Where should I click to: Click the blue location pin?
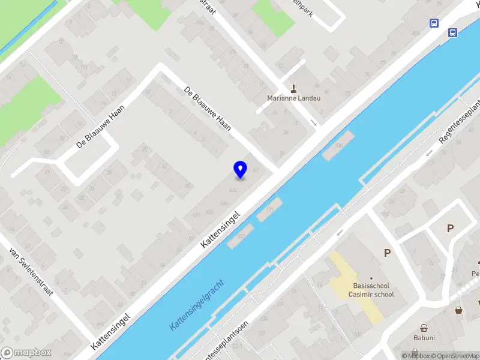(240, 169)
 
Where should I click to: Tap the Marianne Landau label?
(293, 98)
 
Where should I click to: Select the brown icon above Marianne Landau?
(294, 88)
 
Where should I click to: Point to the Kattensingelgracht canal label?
(197, 304)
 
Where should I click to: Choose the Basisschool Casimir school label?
(373, 290)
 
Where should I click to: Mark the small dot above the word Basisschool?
(371, 278)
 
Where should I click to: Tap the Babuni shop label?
(424, 338)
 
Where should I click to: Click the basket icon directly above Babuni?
(424, 328)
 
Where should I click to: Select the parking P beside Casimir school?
(387, 253)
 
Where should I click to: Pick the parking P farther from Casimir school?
(450, 228)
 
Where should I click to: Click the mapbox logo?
(26, 353)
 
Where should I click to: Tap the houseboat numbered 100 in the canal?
(338, 146)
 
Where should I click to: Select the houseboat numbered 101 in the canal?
(269, 209)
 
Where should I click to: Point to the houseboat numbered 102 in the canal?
(240, 237)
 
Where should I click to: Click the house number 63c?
(234, 191)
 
